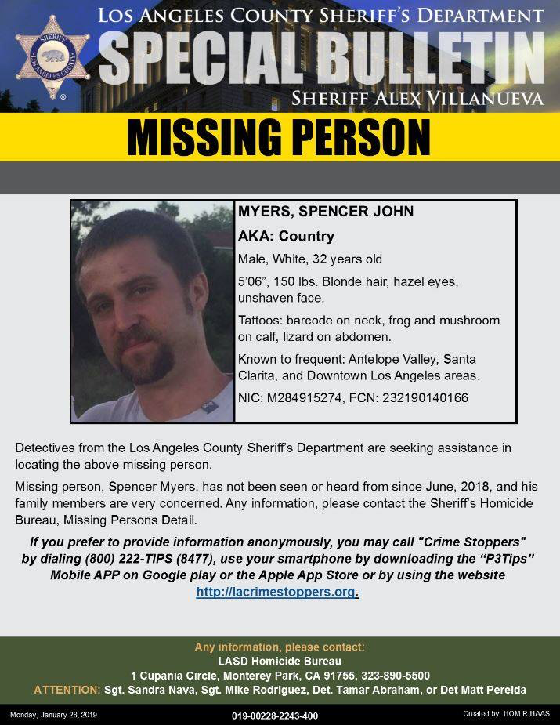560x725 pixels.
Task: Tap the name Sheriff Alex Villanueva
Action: (417, 98)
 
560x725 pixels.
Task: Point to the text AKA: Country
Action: (286, 236)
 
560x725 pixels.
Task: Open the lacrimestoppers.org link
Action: (276, 593)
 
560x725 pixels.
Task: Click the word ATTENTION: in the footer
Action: (67, 690)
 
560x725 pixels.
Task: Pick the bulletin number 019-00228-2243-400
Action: (275, 716)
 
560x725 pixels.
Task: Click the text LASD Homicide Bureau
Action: (279, 661)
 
